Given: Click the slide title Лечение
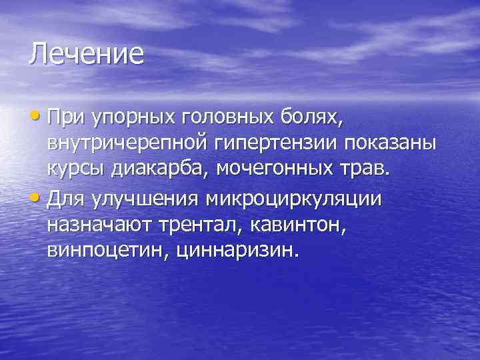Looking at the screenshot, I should pyautogui.click(x=86, y=54).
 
